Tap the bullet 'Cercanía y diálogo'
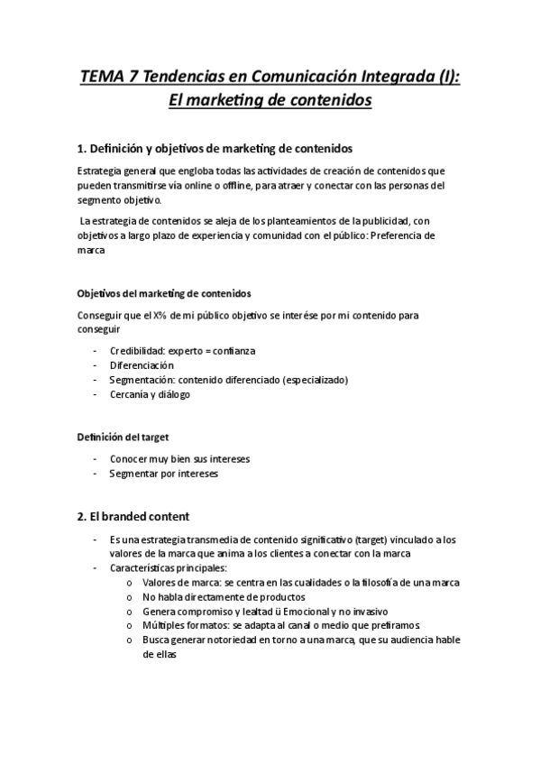[x=150, y=394]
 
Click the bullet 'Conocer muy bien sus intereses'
[x=179, y=458]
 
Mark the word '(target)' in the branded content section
[x=389, y=539]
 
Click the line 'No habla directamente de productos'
[x=223, y=597]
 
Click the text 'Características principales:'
[x=169, y=568]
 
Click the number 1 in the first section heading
[x=80, y=148]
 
